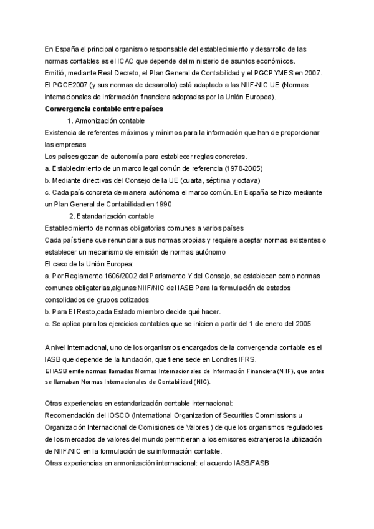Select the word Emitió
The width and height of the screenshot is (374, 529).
pyautogui.click(x=57, y=72)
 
